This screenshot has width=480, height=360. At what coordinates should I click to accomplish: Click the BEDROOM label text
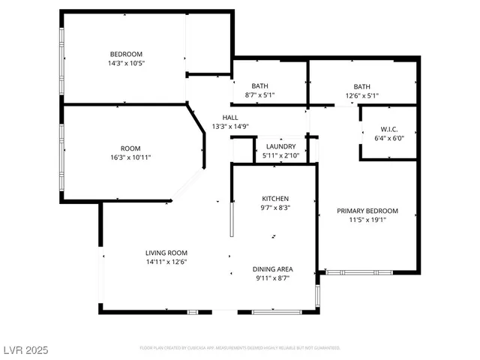click(126, 54)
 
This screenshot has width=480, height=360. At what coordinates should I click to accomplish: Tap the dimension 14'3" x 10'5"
click(126, 64)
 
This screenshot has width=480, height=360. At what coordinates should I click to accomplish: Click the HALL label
click(229, 118)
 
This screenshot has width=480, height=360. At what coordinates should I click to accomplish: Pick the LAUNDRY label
click(280, 146)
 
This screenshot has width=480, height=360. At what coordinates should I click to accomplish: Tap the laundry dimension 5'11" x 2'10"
click(280, 156)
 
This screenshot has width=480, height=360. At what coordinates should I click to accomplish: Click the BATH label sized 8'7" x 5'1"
click(260, 86)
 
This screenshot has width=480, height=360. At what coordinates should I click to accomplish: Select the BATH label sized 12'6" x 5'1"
click(362, 86)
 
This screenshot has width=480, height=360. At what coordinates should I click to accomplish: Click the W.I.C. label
click(388, 128)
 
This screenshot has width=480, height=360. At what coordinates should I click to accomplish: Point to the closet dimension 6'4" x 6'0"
click(388, 138)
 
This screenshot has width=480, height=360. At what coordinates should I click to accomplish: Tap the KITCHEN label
click(275, 199)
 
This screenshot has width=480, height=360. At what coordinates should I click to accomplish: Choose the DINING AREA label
click(271, 268)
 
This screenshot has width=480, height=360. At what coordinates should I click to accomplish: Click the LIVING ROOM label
click(166, 253)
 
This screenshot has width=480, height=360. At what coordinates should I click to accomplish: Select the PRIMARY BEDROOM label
click(367, 211)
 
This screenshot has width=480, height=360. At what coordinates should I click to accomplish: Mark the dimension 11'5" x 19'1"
click(367, 220)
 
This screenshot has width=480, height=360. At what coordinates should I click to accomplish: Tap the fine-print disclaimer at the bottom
click(240, 348)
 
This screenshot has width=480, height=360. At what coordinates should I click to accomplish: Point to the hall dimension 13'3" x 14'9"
click(229, 127)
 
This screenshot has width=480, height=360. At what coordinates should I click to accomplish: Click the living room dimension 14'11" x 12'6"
click(166, 262)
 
